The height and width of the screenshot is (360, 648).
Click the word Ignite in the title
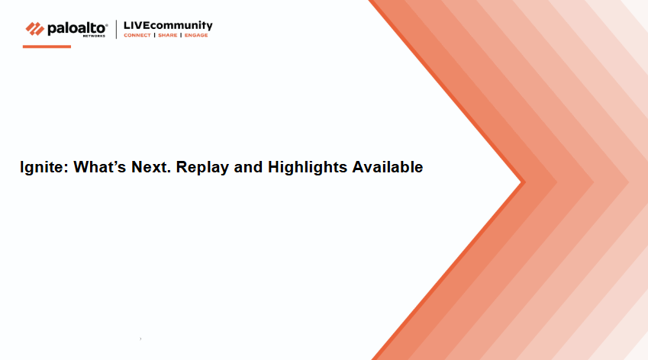(41, 168)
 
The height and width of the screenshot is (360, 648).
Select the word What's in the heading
(99, 167)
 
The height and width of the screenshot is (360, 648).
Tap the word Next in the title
(149, 167)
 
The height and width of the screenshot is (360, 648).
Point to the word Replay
(202, 168)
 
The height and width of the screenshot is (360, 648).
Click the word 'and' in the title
(248, 167)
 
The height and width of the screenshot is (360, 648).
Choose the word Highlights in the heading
(308, 168)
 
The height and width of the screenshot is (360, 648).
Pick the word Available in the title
(388, 167)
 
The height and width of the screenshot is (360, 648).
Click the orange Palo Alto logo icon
(34, 29)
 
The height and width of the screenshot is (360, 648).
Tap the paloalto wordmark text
(77, 28)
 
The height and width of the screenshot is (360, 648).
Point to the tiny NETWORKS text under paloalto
(94, 36)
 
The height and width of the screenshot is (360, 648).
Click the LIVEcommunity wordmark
(168, 26)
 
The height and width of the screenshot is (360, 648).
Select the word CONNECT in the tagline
(137, 35)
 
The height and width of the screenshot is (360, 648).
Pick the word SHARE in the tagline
(167, 35)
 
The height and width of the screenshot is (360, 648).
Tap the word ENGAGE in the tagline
(196, 35)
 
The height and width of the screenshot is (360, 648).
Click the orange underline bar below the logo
(47, 47)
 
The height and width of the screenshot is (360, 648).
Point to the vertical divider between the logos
(116, 29)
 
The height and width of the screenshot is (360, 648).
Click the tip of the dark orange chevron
(525, 182)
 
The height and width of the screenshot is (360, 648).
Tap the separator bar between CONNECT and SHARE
(155, 35)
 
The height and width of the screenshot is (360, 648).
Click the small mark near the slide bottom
(140, 339)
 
